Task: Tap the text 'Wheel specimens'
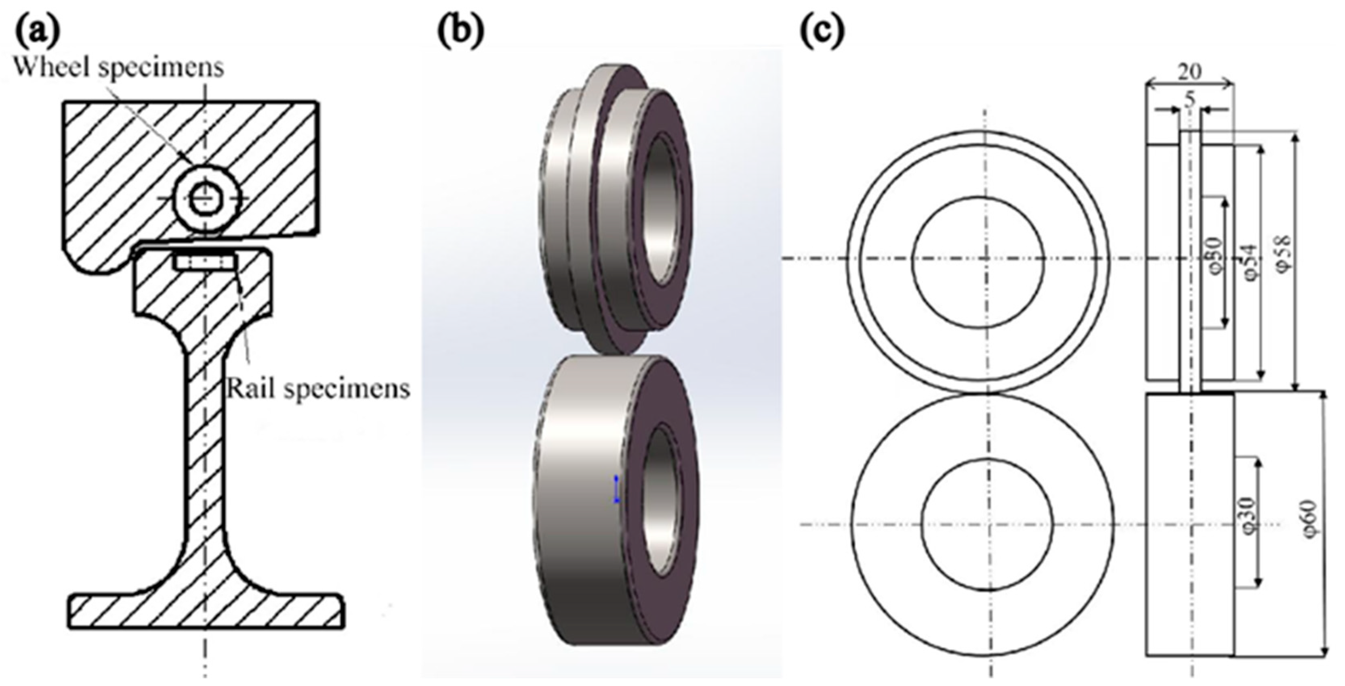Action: pyautogui.click(x=119, y=68)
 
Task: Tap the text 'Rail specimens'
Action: pyautogui.click(x=317, y=389)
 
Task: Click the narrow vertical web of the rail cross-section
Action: pyautogui.click(x=205, y=443)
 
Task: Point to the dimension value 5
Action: pyautogui.click(x=1189, y=100)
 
